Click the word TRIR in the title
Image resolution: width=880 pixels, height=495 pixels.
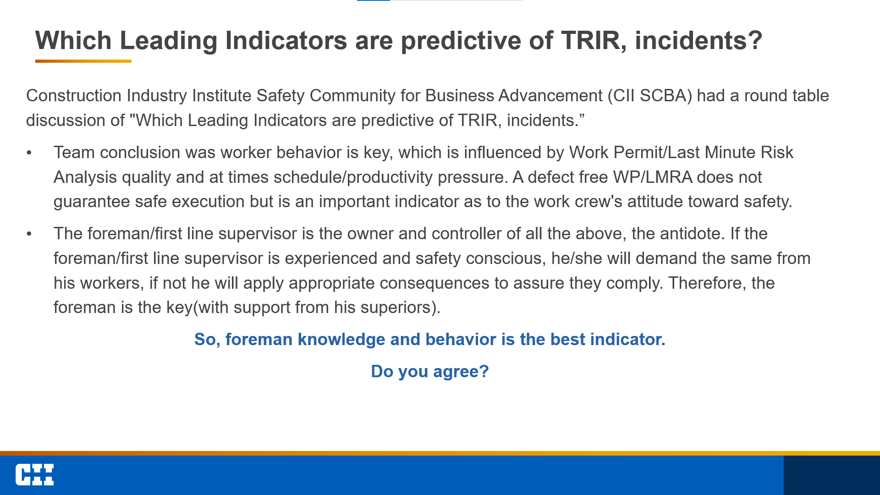(x=591, y=40)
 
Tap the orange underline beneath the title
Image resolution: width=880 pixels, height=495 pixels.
(x=83, y=61)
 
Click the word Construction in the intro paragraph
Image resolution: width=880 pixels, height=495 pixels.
(x=74, y=95)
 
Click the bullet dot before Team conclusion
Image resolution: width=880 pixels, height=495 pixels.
(x=29, y=153)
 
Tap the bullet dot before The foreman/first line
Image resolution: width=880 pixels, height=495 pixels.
(x=29, y=234)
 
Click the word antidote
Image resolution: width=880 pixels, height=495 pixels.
(x=692, y=234)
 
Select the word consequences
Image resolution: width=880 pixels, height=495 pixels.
(x=434, y=283)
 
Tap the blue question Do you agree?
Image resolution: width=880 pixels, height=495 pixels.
(x=430, y=371)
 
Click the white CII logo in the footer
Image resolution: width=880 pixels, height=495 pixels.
(x=34, y=475)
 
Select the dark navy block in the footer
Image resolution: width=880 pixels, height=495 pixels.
(x=832, y=475)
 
